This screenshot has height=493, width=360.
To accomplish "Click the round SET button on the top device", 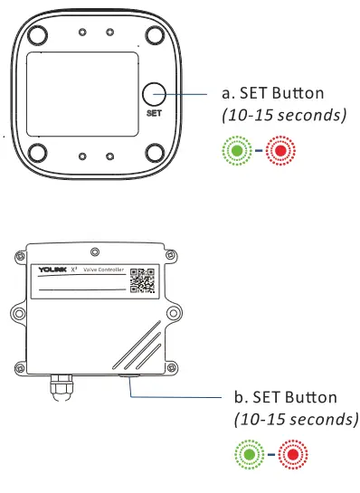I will pos(155,93).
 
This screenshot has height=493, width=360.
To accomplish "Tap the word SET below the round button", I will pos(154,114).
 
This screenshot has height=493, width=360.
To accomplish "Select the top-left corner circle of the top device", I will pos(38,35).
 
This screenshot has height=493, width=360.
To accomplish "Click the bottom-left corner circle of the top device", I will pos(38,152).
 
